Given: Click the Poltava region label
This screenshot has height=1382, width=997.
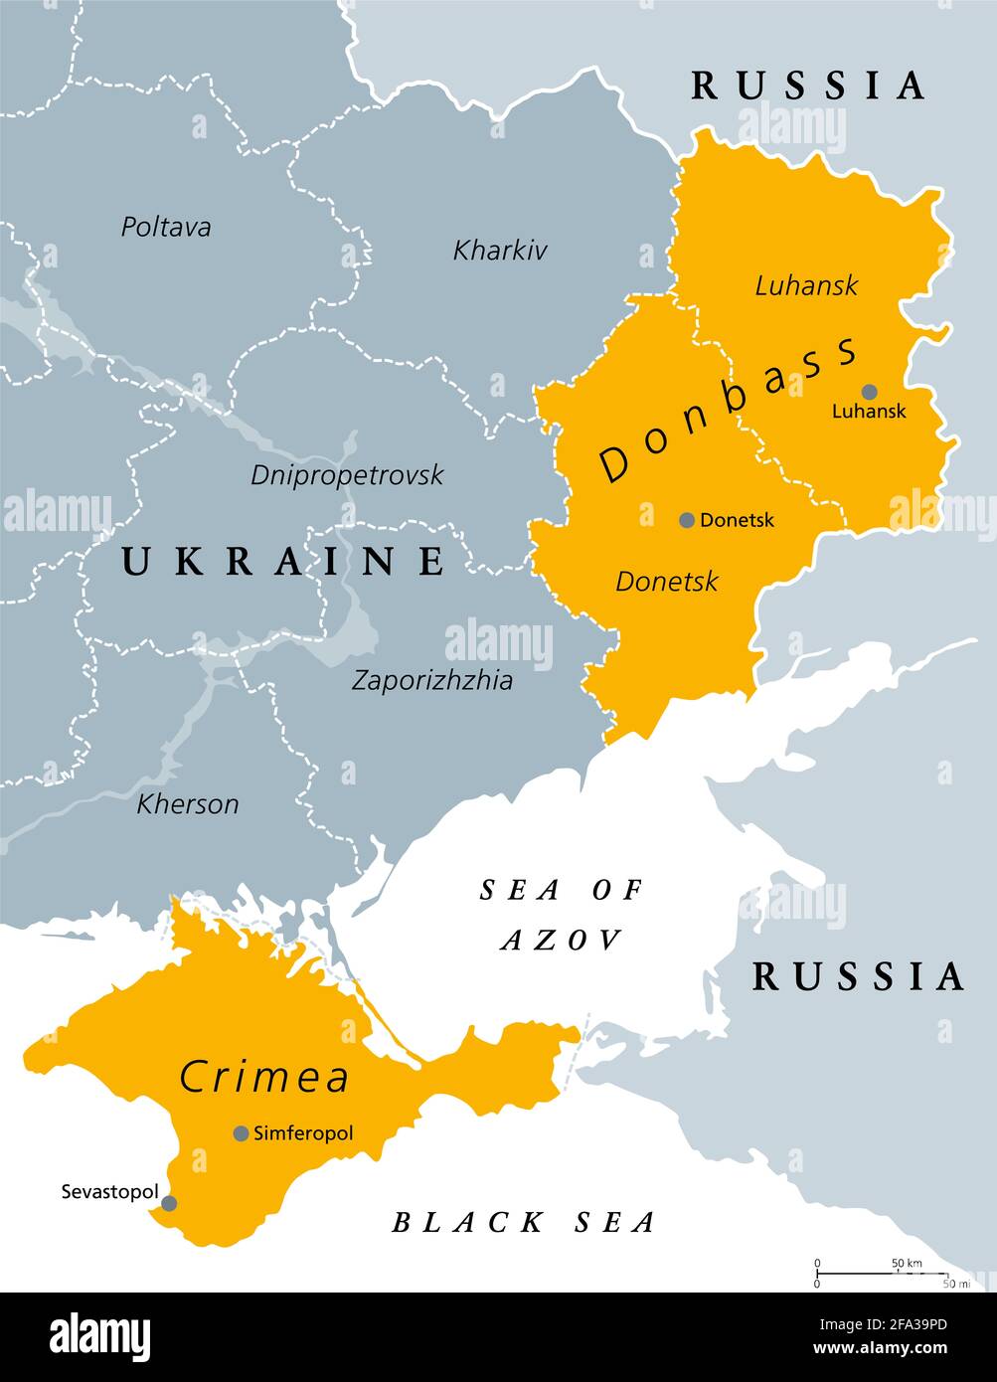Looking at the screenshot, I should coord(166,227).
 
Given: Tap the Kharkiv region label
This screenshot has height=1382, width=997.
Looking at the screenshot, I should coord(500,250).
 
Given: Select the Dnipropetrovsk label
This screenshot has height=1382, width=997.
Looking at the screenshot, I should coord(347,474).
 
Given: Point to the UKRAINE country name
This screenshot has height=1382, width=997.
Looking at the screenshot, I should coord(284,562).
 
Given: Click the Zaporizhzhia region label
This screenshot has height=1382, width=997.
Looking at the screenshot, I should coord(432,680).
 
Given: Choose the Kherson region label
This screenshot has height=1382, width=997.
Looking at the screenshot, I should coord(188,803).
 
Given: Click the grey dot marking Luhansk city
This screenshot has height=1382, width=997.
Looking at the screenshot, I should coord(870,392).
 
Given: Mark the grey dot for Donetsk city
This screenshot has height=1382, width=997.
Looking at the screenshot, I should coord(687,520).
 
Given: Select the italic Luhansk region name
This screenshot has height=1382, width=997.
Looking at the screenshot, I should coord(806,286).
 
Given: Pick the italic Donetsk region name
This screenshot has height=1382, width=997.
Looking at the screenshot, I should coord(666,581).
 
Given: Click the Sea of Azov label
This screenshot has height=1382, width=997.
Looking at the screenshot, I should coord(562,914).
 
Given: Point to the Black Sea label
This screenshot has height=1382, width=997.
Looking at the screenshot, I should coord(524,1222).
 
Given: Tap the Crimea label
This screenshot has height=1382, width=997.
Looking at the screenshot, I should coord(264,1077).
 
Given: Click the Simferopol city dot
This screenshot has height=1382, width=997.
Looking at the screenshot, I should coord(241,1133).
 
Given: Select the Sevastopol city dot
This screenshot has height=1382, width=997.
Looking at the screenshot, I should coord(169,1203).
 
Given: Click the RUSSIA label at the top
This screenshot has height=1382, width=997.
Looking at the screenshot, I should coord(808,86).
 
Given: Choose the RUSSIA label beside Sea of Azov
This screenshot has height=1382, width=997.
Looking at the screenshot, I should coord(858,976).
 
